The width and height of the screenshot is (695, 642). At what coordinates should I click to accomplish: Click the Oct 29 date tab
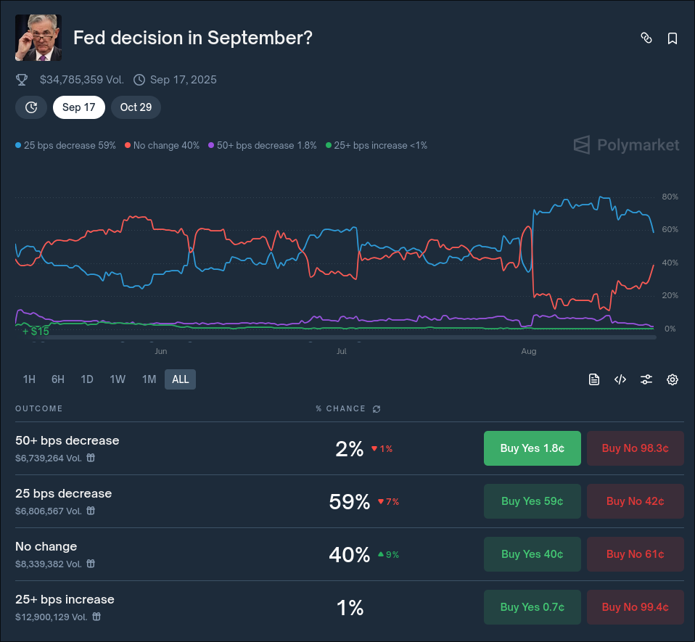[136, 107]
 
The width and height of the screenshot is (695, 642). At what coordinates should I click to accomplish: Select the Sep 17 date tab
[79, 107]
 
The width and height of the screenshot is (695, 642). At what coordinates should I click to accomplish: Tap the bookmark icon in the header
[673, 38]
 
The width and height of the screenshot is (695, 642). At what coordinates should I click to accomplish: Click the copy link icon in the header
[646, 38]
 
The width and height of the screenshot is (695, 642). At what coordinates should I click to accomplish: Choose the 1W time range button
[118, 379]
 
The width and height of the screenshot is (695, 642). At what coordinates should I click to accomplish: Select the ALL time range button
[180, 379]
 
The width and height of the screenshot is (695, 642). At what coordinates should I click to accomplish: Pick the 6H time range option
[58, 379]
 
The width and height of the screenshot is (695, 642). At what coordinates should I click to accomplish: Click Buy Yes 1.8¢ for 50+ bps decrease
[532, 448]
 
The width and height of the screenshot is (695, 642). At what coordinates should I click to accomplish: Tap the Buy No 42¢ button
[635, 501]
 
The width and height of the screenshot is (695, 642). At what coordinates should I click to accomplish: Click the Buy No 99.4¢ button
[635, 607]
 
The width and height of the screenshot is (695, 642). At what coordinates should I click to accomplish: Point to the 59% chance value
[350, 501]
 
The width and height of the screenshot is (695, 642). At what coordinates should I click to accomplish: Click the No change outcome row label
[46, 546]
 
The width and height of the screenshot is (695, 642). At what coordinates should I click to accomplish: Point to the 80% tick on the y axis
[670, 197]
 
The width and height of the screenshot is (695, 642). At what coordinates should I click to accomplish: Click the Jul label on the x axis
[342, 351]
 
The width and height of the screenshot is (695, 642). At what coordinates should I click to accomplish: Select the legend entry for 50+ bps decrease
[263, 145]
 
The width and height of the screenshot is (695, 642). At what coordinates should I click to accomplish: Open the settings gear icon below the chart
[673, 379]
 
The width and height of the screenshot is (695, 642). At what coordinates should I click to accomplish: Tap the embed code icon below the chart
[620, 379]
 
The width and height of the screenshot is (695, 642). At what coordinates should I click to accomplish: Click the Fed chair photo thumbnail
[38, 38]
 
